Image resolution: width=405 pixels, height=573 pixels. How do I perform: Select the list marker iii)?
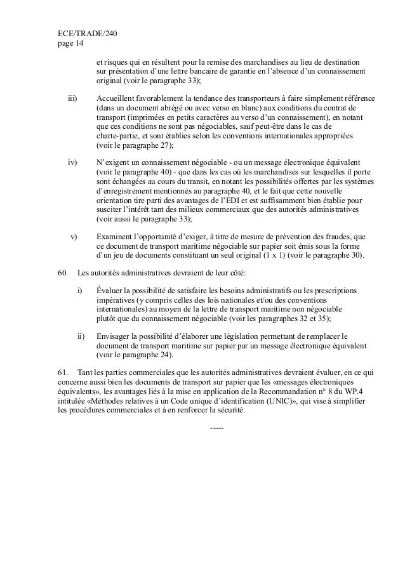pos(73,99)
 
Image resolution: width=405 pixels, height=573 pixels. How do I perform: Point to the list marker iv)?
pos(73,163)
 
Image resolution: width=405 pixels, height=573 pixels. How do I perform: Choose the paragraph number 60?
pos(63,273)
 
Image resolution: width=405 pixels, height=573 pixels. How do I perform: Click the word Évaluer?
pos(110,291)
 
